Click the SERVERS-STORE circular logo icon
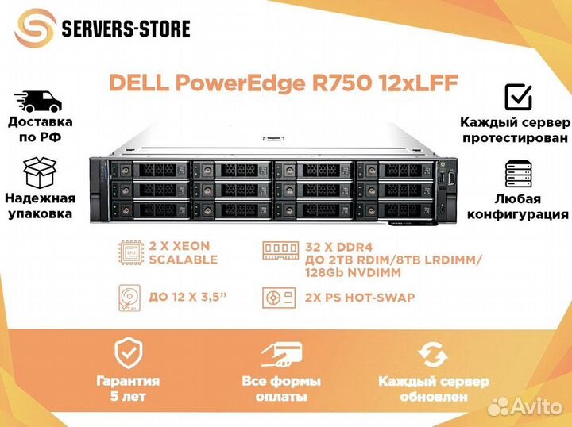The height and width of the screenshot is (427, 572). (36, 29)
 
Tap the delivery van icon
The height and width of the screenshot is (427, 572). (38, 102)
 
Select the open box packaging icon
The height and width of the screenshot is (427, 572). (40, 173)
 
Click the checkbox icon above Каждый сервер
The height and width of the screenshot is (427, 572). (518, 97)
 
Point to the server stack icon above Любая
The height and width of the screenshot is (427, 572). (518, 174)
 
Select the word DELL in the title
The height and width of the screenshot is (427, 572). (139, 83)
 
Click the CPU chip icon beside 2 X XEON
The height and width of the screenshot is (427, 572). (131, 252)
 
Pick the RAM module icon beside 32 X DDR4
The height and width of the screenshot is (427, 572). (280, 251)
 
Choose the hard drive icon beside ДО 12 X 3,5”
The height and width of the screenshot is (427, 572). (129, 298)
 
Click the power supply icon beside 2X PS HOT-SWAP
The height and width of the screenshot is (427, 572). (279, 298)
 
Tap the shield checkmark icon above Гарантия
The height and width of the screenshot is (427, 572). (129, 353)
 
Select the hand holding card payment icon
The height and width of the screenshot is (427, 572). (281, 354)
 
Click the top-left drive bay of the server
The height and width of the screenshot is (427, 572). (150, 169)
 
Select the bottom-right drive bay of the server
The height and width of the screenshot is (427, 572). (396, 210)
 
